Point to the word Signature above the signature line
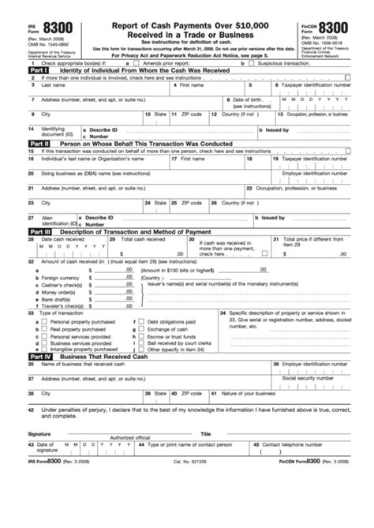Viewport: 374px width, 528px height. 39,433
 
